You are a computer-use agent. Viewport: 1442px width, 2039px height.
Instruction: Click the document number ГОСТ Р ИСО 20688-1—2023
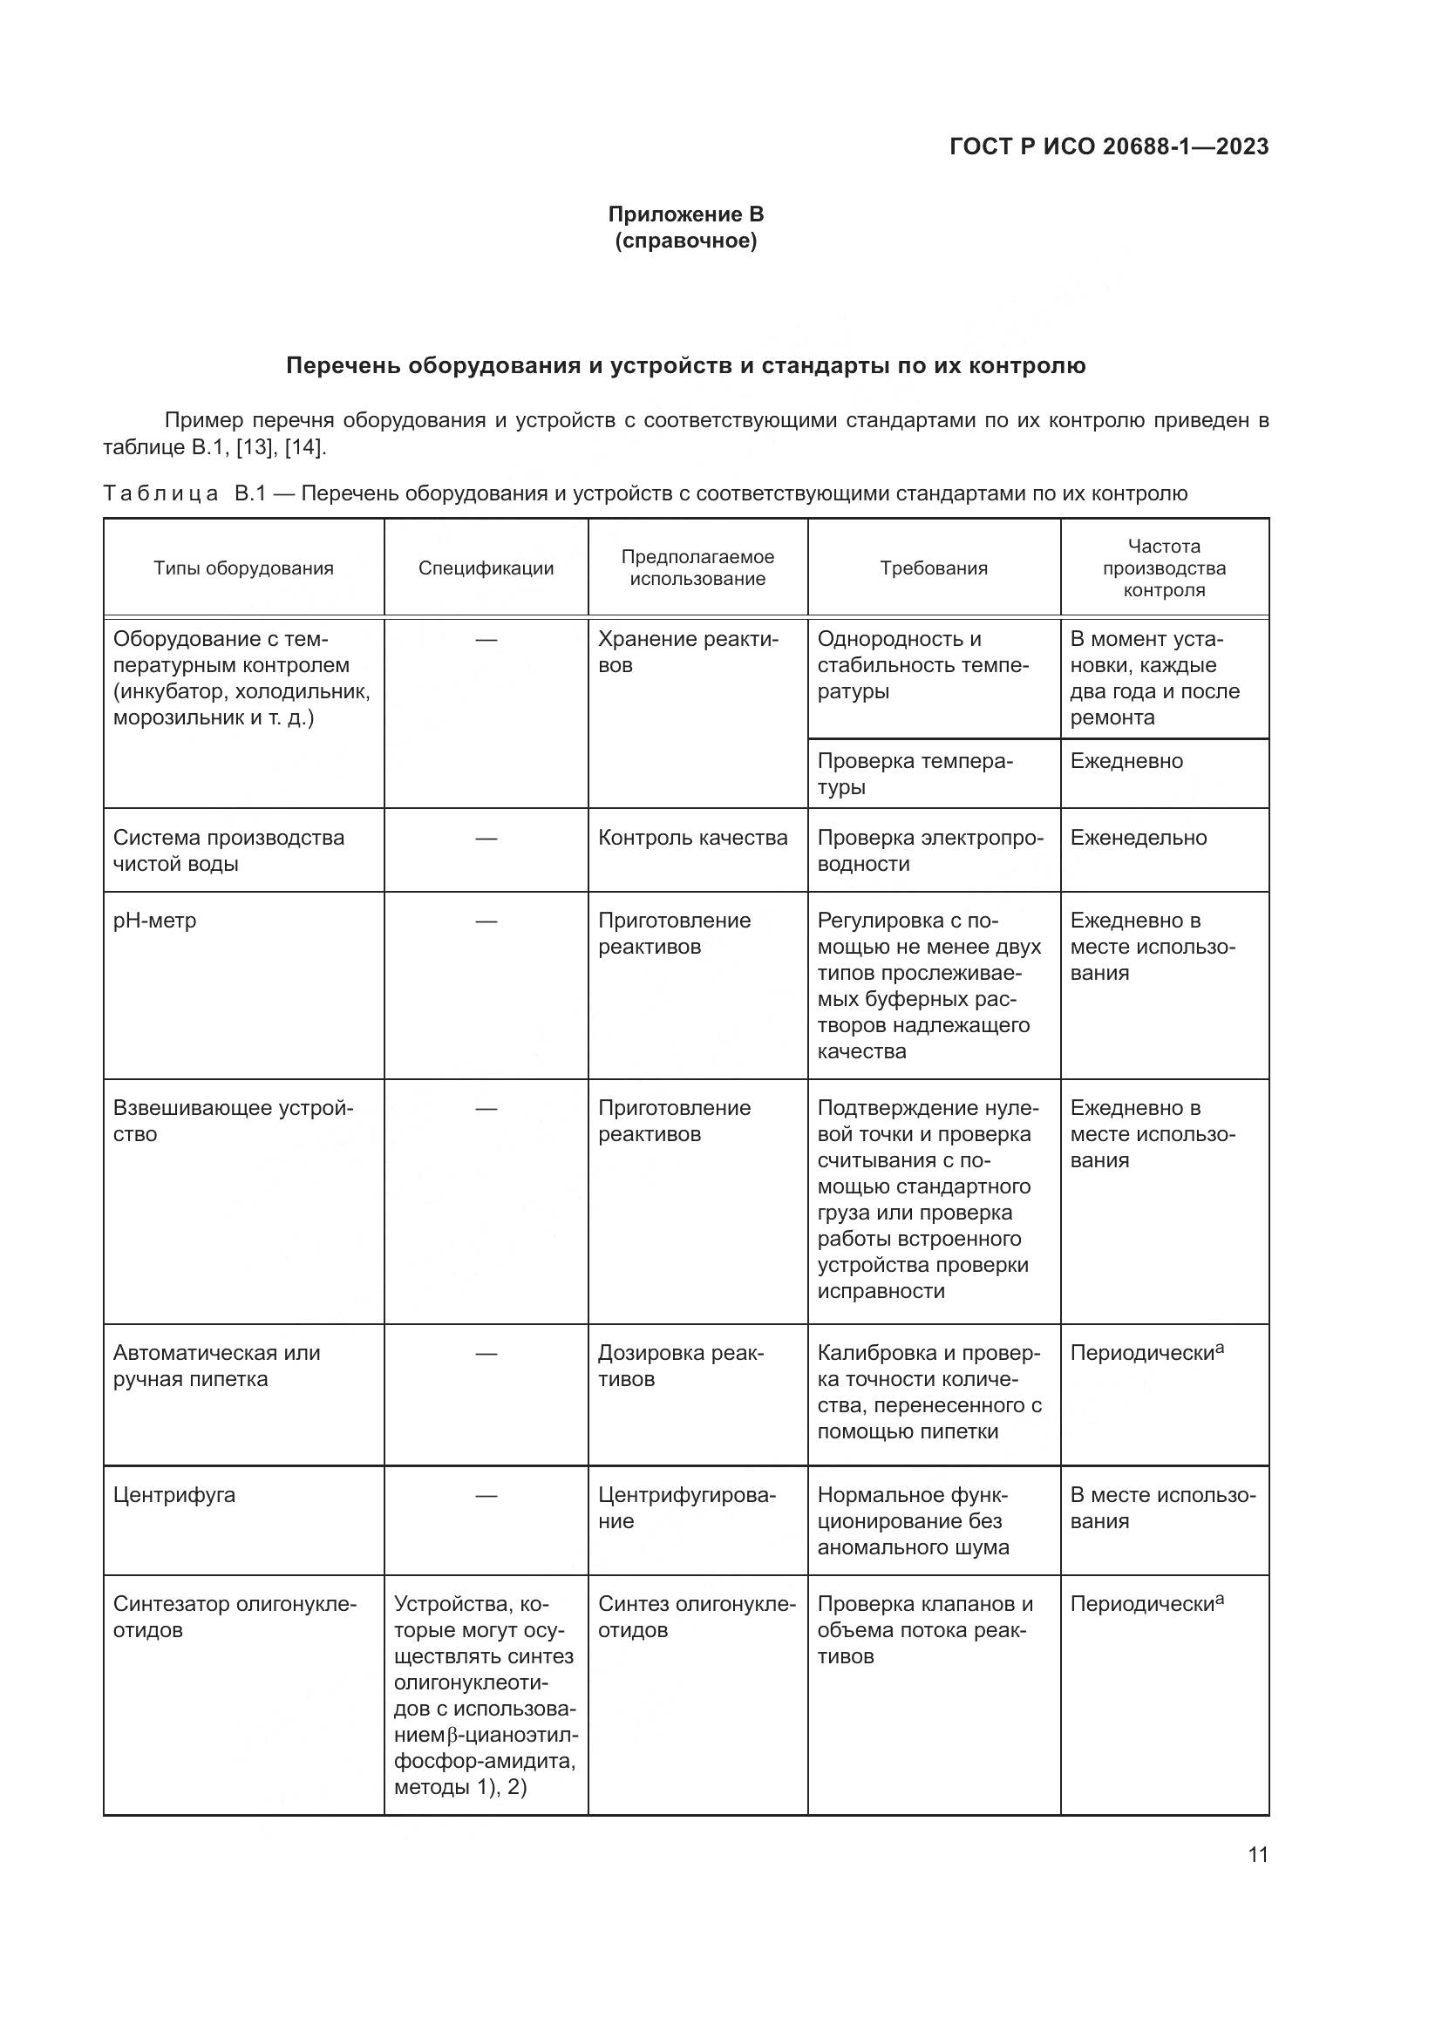[1108, 146]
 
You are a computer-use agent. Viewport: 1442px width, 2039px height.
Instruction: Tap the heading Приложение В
[685, 214]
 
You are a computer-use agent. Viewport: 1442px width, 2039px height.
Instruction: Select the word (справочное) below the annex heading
[685, 241]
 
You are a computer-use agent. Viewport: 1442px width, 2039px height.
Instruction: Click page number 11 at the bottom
[1257, 1854]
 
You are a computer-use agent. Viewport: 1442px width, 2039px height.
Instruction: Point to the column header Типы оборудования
[243, 568]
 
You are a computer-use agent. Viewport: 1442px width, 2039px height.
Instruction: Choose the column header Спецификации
[486, 568]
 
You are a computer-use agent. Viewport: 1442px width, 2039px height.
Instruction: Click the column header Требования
[933, 568]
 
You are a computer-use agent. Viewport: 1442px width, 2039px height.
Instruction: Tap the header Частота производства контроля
[1163, 568]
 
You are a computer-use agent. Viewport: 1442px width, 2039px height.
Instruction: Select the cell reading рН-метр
[154, 921]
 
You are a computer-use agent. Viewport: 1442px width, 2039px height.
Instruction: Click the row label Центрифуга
[174, 1495]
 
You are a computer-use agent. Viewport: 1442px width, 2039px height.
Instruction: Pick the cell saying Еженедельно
[1139, 838]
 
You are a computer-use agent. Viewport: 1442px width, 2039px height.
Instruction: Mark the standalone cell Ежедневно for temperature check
[1126, 761]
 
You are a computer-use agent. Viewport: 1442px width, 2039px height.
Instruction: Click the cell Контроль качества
[692, 838]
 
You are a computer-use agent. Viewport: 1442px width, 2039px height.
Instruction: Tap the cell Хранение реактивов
[687, 652]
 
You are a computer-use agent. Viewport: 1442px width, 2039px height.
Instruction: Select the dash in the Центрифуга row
[486, 1496]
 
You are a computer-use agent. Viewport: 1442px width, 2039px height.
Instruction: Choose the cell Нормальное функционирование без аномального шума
[913, 1520]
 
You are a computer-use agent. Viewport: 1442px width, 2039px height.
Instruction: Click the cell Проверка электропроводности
[929, 851]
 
